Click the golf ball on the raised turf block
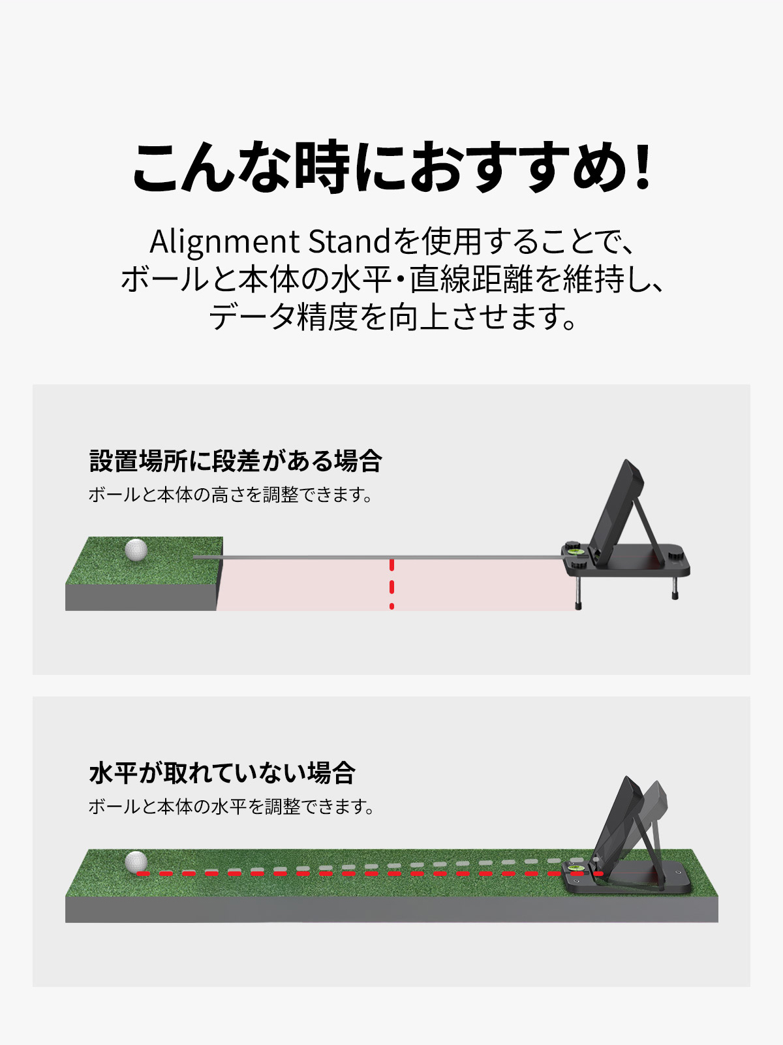click(x=136, y=550)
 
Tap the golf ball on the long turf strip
click(x=136, y=862)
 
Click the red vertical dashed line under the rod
click(x=391, y=585)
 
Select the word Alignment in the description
click(x=224, y=242)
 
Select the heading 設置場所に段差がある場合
click(x=236, y=461)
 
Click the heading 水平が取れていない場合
click(x=222, y=772)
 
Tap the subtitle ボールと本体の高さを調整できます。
click(x=231, y=495)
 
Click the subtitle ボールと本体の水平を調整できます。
click(x=232, y=807)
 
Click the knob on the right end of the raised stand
click(x=675, y=555)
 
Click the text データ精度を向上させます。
click(x=392, y=317)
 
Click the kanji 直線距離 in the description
click(x=471, y=279)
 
